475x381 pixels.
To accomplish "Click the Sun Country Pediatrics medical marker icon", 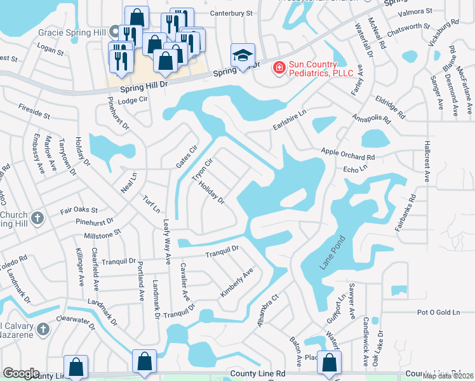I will pos(278,67).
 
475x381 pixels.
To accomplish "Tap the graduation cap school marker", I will pos(243,56).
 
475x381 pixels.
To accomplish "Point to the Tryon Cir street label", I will pos(201,168).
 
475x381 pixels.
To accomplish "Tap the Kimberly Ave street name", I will pos(237,283).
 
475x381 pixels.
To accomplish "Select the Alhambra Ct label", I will pos(267,311).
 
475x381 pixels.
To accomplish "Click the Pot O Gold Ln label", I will pos(438,312).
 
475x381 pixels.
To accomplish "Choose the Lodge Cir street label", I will pos(132,100).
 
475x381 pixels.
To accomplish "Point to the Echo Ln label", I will pos(355,170).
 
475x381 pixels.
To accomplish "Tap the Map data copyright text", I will pos(448,375).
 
